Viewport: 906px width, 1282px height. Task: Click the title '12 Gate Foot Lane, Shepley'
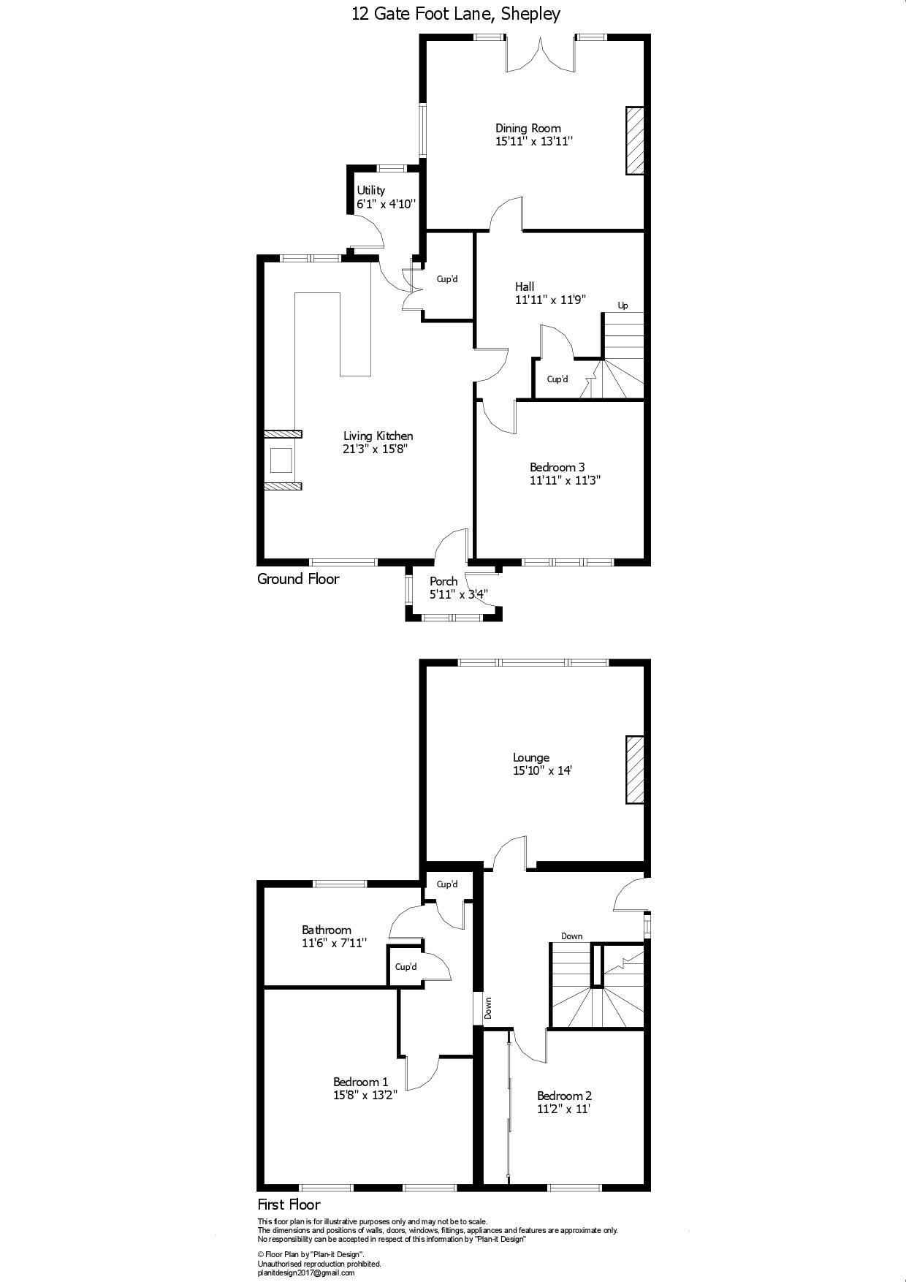tap(456, 14)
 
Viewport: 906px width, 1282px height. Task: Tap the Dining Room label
tap(528, 128)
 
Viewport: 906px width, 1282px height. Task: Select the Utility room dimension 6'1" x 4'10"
tap(387, 204)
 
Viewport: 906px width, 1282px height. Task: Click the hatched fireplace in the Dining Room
tap(635, 141)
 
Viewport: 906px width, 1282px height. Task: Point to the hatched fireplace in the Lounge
tap(635, 770)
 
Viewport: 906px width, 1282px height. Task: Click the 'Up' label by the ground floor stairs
tap(623, 306)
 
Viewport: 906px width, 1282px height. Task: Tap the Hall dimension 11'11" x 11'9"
tap(550, 300)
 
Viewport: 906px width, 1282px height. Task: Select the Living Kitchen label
tap(378, 436)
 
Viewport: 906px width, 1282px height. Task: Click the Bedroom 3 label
tap(557, 467)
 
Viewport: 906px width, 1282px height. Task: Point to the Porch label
tap(444, 581)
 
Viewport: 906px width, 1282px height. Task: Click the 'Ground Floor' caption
tap(298, 579)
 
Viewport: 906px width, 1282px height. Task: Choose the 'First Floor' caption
tap(289, 1205)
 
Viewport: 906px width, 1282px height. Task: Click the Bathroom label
tap(327, 930)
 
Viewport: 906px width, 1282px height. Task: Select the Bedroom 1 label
tap(360, 1082)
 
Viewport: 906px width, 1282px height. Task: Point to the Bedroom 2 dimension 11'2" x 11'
tap(563, 1109)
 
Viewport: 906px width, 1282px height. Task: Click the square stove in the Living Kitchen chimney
tap(281, 460)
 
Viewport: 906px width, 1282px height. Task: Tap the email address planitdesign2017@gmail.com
tap(305, 1272)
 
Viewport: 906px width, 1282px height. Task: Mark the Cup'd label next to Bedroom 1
tap(406, 966)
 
